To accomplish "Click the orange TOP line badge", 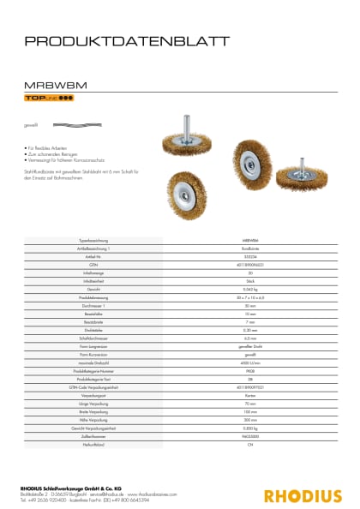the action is click(x=48, y=99).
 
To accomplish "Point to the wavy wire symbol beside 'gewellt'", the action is click(x=62, y=125).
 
